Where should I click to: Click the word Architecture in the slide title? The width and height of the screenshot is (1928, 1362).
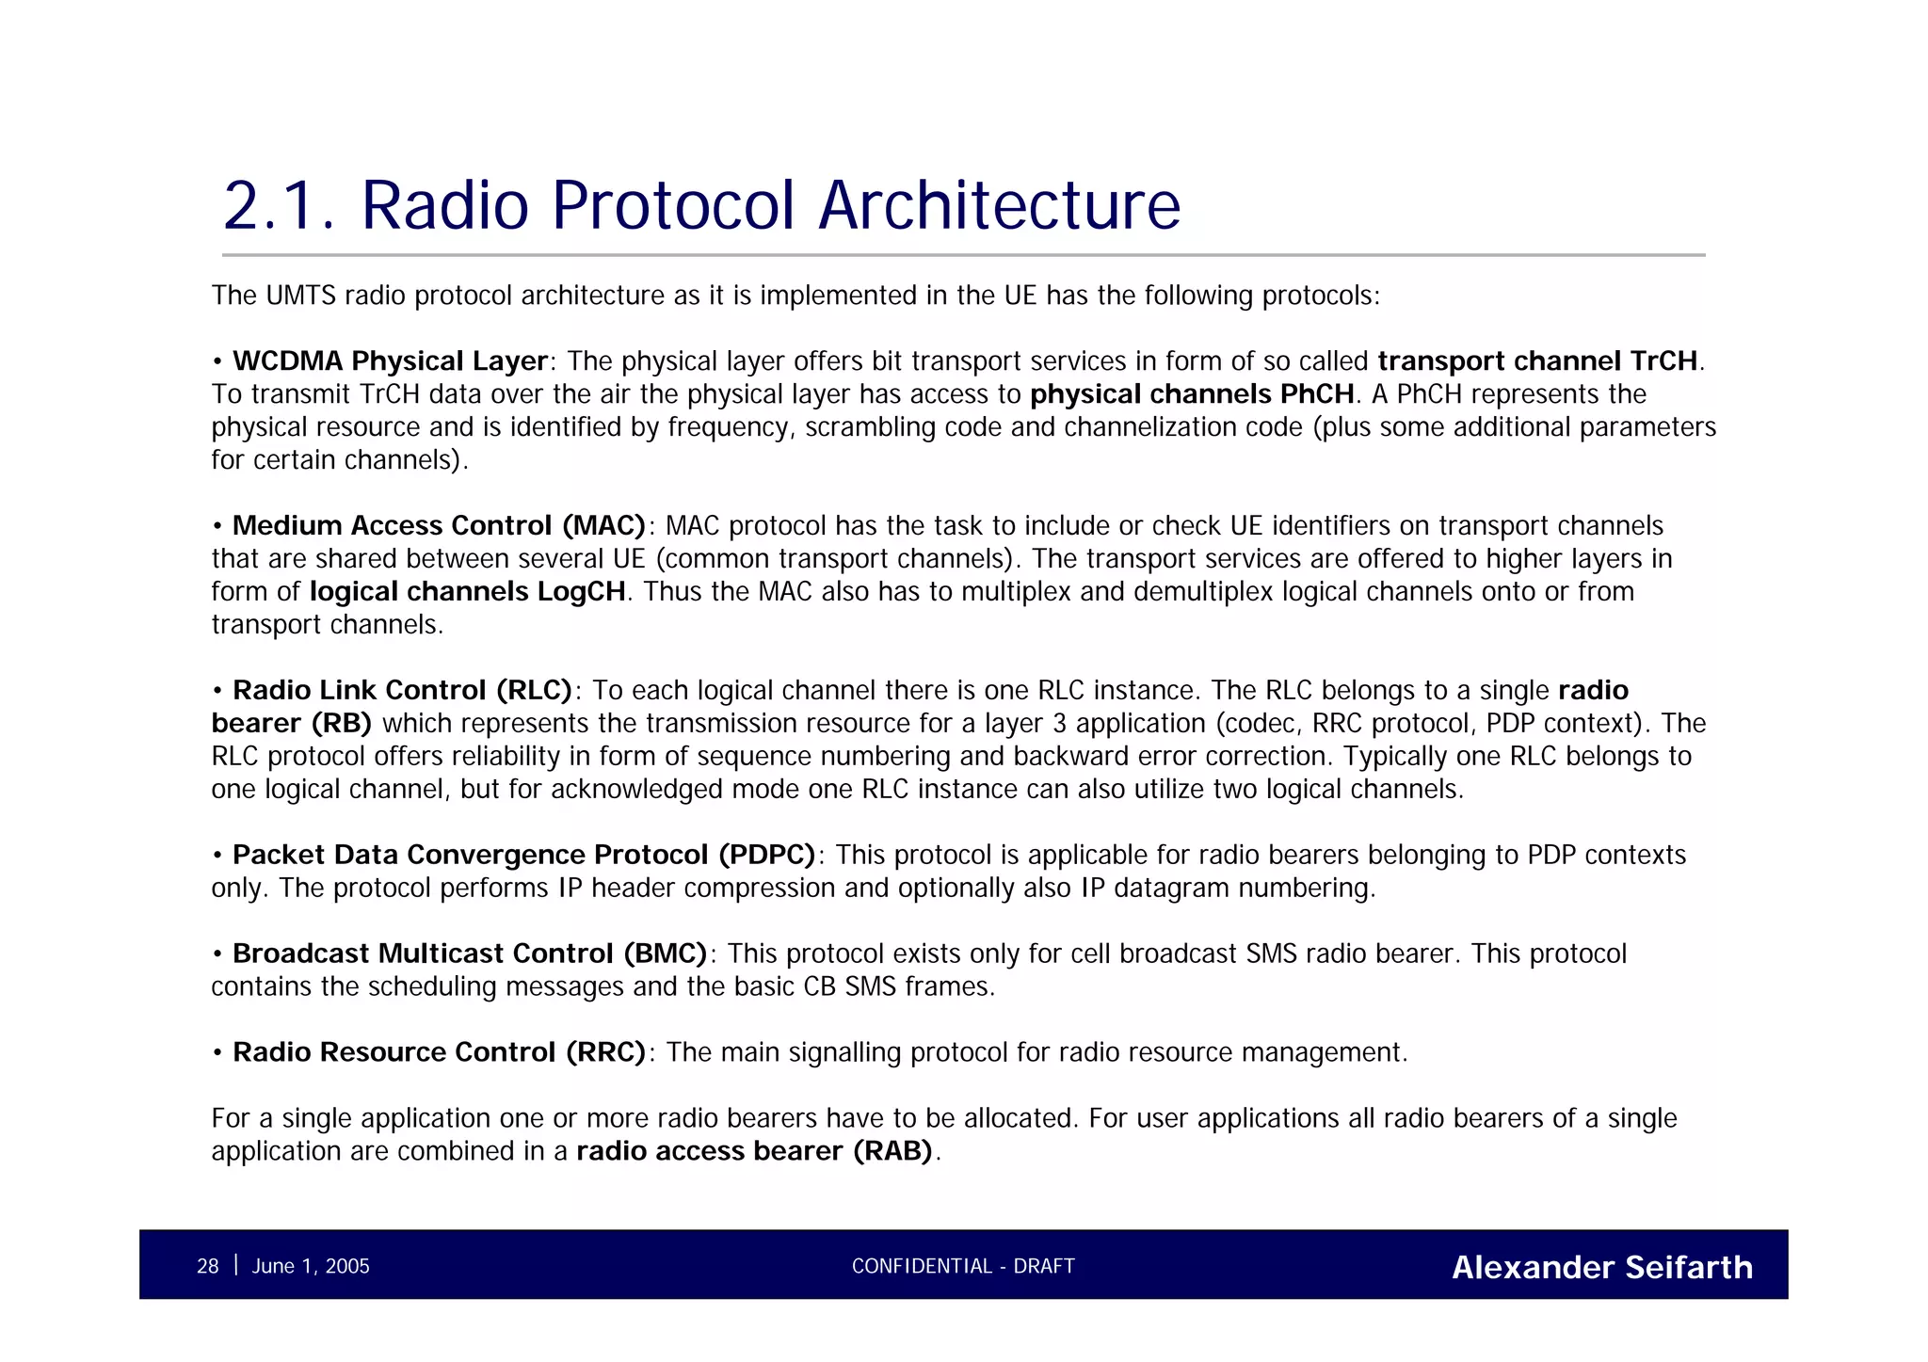999,205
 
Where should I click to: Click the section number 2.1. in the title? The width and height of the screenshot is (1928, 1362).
279,205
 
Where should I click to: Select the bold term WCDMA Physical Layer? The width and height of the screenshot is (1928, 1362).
390,361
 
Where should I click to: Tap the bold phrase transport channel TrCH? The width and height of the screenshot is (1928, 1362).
1537,361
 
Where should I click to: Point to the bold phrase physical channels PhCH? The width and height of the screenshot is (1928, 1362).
1192,394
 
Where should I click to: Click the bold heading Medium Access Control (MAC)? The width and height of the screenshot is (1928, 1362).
439,526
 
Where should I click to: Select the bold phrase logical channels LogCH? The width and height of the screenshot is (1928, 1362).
467,592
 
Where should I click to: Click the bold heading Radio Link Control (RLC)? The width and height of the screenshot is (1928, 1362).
402,691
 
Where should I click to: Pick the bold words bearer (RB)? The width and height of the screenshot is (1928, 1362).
291,724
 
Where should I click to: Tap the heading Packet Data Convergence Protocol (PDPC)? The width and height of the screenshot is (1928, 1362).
523,856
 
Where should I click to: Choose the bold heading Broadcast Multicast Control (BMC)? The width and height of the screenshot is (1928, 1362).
470,954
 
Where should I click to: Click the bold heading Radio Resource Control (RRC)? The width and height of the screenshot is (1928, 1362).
439,1052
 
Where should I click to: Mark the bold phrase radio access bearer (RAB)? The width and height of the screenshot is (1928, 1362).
754,1151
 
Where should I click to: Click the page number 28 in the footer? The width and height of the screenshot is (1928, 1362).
207,1267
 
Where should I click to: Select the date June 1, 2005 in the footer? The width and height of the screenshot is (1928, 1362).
311,1267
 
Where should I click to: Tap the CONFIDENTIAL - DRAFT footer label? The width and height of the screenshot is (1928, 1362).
963,1267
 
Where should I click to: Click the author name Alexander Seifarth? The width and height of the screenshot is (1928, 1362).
1601,1268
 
